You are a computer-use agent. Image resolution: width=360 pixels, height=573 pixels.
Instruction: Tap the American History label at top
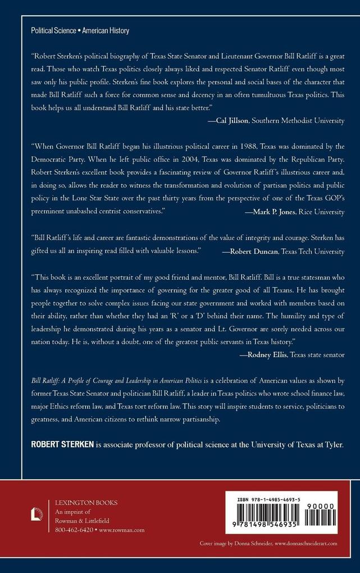tap(106, 31)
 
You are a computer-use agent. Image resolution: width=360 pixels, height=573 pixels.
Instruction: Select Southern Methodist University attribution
tap(301, 121)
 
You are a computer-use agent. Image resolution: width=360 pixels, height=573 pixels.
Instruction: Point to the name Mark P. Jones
tap(259, 212)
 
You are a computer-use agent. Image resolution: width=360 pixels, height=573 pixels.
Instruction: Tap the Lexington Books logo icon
tap(37, 513)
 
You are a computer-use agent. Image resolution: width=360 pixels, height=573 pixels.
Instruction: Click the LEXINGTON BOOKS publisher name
tap(83, 503)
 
